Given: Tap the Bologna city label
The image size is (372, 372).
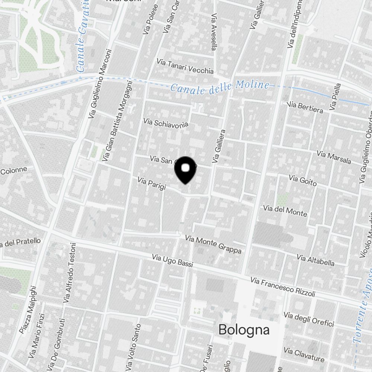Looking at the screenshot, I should [x=244, y=330].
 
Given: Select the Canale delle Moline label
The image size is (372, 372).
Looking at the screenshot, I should [x=220, y=87].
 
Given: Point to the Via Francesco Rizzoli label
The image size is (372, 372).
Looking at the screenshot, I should [x=283, y=286].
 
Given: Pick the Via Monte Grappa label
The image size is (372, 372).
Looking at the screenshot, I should [x=213, y=244].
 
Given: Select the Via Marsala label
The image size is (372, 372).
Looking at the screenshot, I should [x=334, y=157].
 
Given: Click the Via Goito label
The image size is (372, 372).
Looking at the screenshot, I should [x=303, y=181].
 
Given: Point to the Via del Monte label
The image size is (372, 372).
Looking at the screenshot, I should [x=285, y=211].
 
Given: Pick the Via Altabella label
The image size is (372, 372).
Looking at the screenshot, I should [x=315, y=260].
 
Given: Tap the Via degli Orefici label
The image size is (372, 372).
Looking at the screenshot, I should [x=309, y=320].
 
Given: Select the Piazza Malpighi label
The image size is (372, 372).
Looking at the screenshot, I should [x=28, y=310].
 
